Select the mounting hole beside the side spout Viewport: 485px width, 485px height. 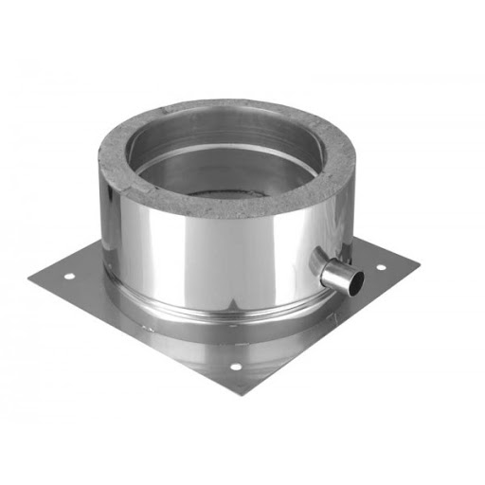[x=382, y=268]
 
